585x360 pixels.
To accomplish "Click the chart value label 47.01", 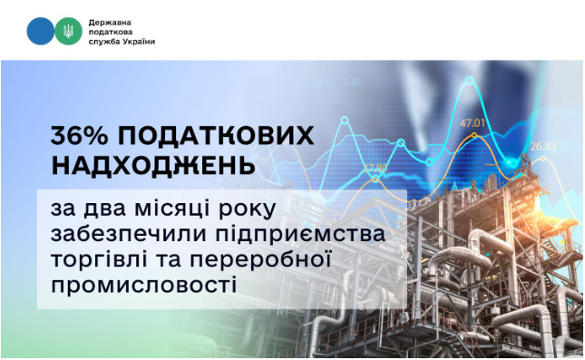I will (x=473, y=123).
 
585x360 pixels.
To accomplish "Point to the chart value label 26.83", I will (x=544, y=145).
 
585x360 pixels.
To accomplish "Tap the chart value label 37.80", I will (x=375, y=168).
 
